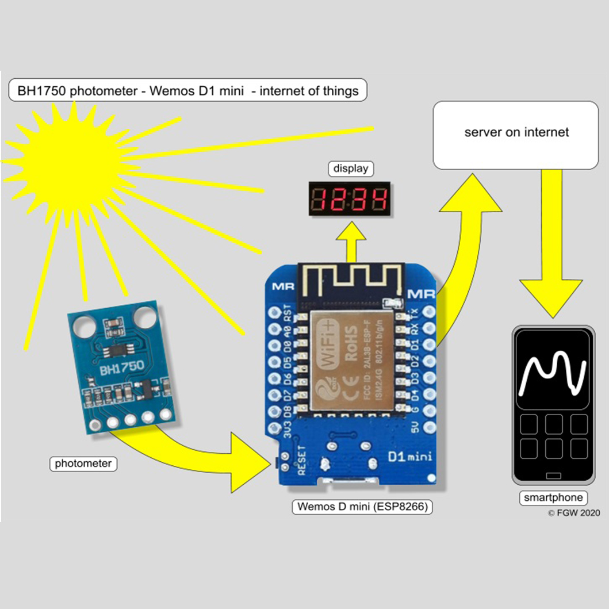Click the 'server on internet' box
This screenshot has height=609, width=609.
pos(516,135)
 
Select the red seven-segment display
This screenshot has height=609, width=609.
pos(350,200)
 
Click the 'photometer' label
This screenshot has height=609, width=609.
pos(83,464)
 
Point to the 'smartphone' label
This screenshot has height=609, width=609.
pos(553,498)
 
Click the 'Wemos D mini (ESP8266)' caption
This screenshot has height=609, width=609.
pos(362,507)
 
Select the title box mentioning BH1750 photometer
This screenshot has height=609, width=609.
pos(188,90)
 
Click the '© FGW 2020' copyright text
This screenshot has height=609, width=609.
pos(573,512)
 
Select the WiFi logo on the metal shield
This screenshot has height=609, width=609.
pos(327,345)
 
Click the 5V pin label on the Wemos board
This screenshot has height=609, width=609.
pos(415,427)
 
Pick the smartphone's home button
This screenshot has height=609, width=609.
pos(553,475)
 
